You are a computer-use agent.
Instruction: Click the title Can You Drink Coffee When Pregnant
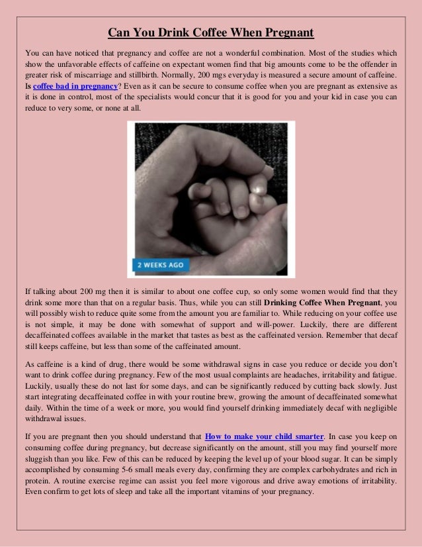211,33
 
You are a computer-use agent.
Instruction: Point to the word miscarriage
110,75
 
